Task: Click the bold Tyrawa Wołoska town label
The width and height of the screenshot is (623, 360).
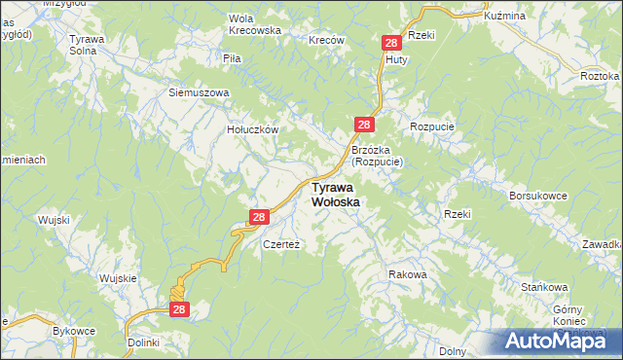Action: pyautogui.click(x=336, y=194)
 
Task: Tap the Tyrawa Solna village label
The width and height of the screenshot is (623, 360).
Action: pyautogui.click(x=86, y=45)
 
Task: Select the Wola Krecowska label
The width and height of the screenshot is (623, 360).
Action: pyautogui.click(x=254, y=24)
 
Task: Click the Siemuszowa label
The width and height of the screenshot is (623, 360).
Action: pyautogui.click(x=199, y=93)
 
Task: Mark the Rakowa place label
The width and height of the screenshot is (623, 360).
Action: pyautogui.click(x=408, y=274)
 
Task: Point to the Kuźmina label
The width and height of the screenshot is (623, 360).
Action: pyautogui.click(x=504, y=17)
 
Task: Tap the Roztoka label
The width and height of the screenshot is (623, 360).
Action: pyautogui.click(x=600, y=76)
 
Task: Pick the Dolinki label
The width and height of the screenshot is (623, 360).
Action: pyautogui.click(x=143, y=343)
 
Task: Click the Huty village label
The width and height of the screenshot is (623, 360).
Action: pyautogui.click(x=396, y=59)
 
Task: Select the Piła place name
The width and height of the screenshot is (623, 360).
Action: pyautogui.click(x=232, y=58)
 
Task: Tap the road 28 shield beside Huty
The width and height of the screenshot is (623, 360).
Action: pyautogui.click(x=391, y=44)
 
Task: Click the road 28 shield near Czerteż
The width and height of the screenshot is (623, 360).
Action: pyautogui.click(x=258, y=218)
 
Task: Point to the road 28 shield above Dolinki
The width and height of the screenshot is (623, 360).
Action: pyautogui.click(x=179, y=309)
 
